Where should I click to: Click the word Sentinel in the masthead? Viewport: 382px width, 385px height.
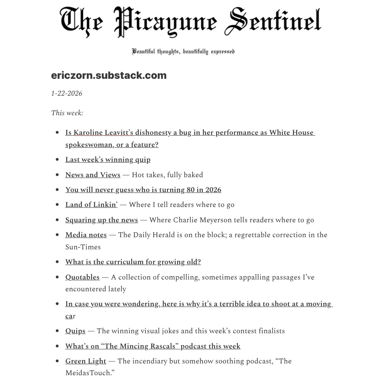click(x=272, y=21)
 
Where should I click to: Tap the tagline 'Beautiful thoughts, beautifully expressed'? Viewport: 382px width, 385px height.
click(x=183, y=51)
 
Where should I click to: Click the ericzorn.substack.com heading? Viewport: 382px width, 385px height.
click(x=109, y=75)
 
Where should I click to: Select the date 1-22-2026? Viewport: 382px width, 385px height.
click(x=67, y=93)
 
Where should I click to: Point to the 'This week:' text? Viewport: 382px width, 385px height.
click(x=67, y=113)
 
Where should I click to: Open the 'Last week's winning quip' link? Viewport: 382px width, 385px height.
click(x=108, y=160)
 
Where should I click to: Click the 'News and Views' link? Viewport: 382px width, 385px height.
click(x=93, y=175)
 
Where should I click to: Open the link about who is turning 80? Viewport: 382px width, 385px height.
click(x=143, y=190)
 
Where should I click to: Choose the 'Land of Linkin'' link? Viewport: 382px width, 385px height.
click(x=91, y=205)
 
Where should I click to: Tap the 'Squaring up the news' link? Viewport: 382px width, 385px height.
click(x=101, y=220)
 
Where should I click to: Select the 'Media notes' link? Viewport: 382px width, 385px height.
click(x=86, y=235)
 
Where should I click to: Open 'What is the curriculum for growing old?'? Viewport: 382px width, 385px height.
click(x=133, y=262)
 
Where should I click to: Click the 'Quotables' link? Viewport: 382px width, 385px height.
click(x=82, y=277)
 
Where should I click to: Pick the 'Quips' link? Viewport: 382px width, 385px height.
click(x=75, y=331)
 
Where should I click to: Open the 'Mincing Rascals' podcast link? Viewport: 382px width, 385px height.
click(x=152, y=346)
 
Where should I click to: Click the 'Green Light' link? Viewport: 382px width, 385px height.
click(x=86, y=361)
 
